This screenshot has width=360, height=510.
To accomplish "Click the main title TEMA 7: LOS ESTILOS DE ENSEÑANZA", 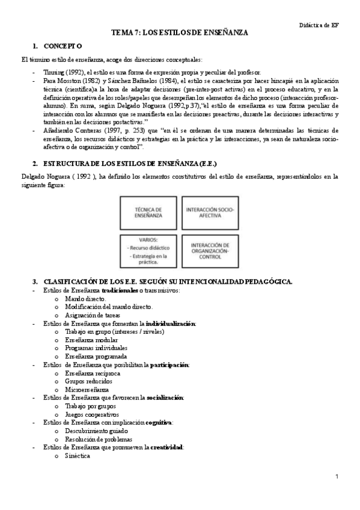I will coord(180,34).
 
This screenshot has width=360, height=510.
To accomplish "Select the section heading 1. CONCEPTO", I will coord(58,46).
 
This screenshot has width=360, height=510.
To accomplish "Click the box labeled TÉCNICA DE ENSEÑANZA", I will coord(150,212).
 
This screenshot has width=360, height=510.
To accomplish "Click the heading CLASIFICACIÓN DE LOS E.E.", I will coord(162,281).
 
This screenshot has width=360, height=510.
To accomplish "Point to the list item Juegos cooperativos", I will coord(92,414).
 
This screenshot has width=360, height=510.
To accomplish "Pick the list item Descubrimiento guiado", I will coord(96,431).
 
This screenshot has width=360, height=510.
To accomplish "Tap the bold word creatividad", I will coord(166,447).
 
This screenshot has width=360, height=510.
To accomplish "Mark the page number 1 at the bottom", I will coord(338,477).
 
